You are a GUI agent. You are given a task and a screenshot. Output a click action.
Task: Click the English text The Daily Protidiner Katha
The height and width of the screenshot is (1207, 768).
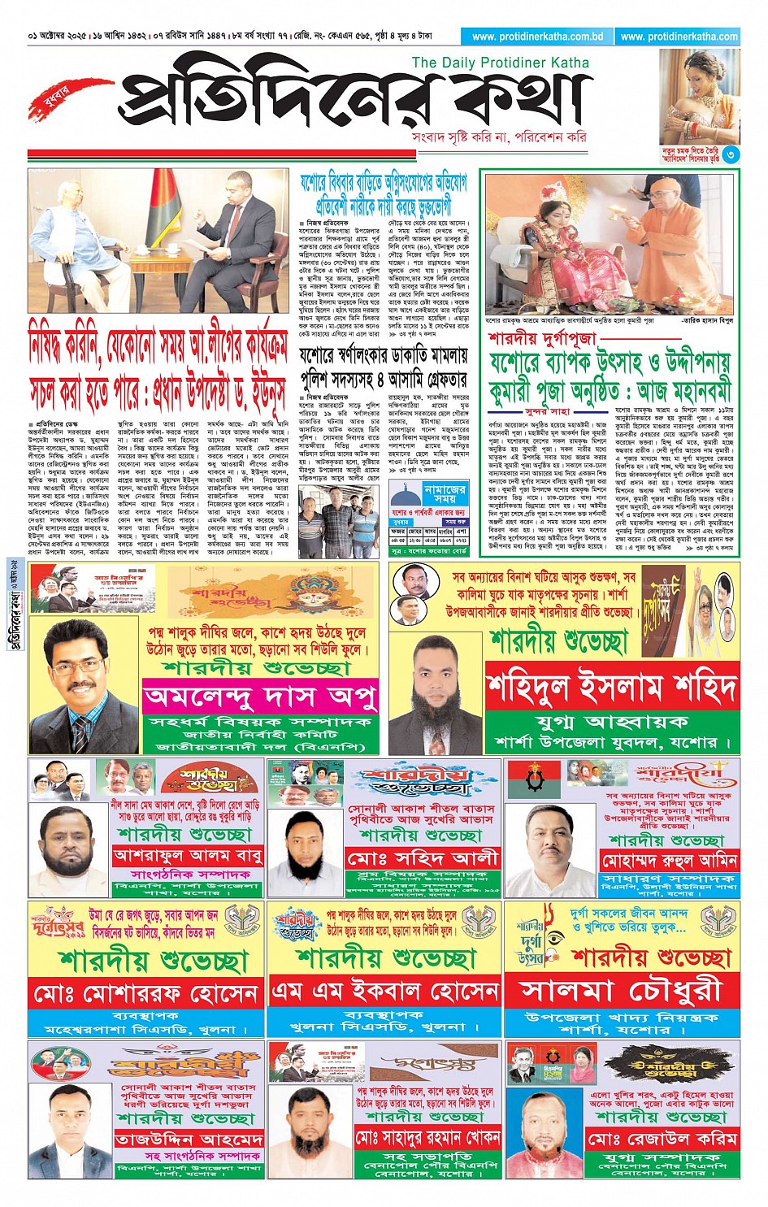[500, 63]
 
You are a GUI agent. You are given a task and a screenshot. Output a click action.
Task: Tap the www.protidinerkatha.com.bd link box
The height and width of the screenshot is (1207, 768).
[536, 37]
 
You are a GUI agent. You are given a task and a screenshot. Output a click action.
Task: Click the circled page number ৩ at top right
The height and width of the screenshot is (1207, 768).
[731, 154]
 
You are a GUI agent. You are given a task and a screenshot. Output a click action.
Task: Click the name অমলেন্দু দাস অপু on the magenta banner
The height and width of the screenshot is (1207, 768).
[260, 697]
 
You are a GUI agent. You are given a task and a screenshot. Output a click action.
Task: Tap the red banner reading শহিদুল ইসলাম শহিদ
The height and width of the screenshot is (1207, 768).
[612, 687]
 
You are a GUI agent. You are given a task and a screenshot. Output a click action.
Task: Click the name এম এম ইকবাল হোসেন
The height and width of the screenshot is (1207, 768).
[385, 991]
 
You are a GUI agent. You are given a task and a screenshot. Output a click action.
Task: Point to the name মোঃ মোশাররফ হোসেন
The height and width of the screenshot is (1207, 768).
[146, 992]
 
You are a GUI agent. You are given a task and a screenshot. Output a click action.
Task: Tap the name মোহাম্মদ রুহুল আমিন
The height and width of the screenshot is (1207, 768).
[668, 860]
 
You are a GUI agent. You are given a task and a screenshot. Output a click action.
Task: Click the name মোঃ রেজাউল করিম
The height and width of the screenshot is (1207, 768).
[662, 1138]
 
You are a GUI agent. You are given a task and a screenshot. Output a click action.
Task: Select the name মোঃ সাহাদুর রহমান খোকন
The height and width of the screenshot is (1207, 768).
[427, 1136]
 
